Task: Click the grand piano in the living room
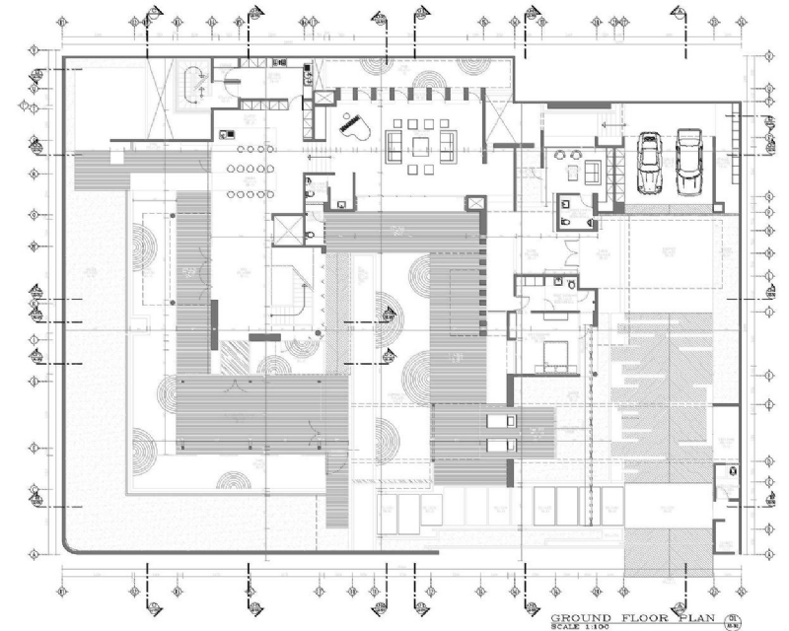(353, 125)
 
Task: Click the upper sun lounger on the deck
(500, 421)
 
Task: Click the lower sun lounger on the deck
(500, 445)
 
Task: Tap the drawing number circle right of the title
(731, 620)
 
